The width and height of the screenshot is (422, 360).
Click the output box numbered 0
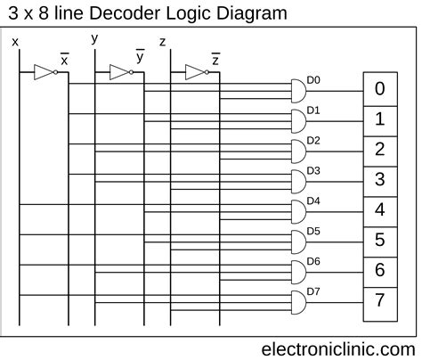[379, 89]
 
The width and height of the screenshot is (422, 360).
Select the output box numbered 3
[379, 180]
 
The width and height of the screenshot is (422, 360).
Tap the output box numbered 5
[379, 241]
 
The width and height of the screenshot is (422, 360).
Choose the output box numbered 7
[379, 300]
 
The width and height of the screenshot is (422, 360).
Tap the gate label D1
[313, 110]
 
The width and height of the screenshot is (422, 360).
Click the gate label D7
[313, 291]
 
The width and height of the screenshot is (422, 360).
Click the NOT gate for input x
[44, 72]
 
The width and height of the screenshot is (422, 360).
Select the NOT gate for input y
[119, 72]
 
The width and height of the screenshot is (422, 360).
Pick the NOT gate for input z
[195, 72]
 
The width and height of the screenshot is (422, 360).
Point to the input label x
[15, 41]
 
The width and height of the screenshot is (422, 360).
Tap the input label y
[94, 38]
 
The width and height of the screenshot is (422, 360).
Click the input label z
[161, 42]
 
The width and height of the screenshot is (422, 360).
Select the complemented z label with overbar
[215, 60]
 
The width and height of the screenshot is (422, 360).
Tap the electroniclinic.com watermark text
[337, 348]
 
